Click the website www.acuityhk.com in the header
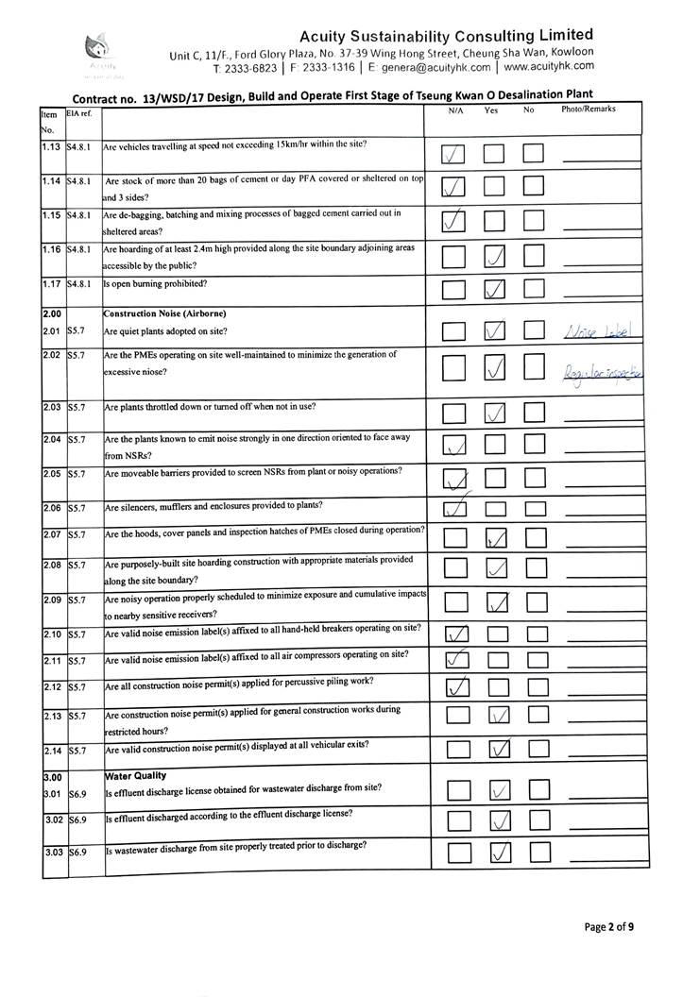pyautogui.click(x=549, y=67)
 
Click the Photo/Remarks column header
pyautogui.click(x=588, y=110)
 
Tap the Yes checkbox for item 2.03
pyautogui.click(x=496, y=413)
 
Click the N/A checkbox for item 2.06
pyautogui.click(x=455, y=510)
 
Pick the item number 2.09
pyautogui.click(x=53, y=600)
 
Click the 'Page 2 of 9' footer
pyautogui.click(x=608, y=927)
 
